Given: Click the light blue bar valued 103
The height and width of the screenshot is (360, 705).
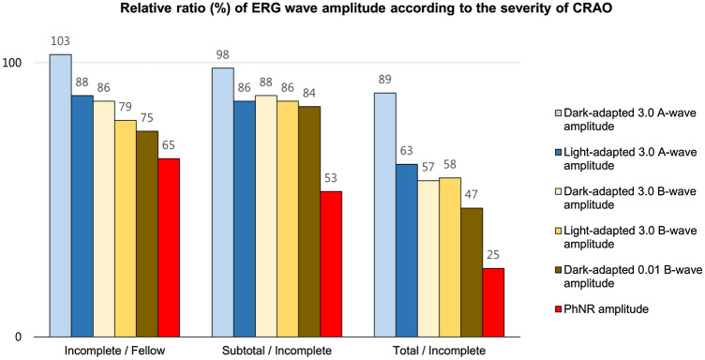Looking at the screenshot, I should click(60, 197).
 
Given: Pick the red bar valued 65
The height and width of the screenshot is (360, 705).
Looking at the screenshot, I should click(168, 248).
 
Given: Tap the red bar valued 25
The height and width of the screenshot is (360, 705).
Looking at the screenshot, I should click(493, 303).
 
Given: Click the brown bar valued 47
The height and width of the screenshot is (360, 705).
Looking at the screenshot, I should click(472, 273).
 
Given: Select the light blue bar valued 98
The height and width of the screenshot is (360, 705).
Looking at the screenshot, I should click(222, 202).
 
